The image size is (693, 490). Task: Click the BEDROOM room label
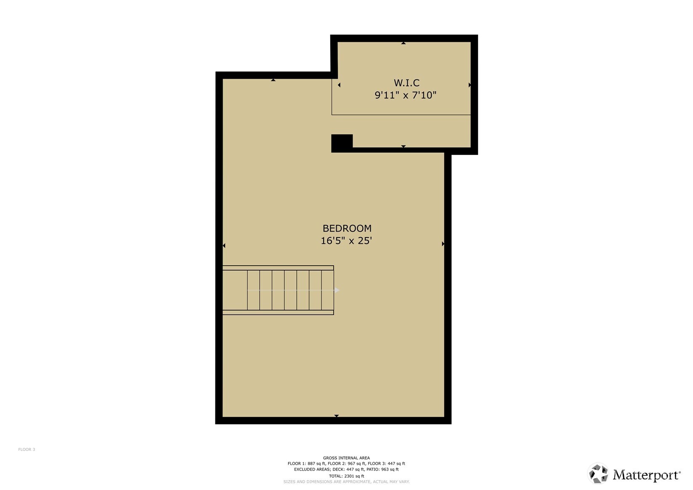347,229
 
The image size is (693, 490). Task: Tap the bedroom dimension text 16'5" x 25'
346,241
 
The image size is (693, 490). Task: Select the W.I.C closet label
406,83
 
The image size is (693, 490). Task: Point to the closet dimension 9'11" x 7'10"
405,95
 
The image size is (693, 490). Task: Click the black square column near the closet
342,143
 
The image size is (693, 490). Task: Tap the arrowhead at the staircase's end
337,290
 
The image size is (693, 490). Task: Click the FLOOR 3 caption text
27,450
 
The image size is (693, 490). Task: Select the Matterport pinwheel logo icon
598,474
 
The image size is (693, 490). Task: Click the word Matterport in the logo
646,475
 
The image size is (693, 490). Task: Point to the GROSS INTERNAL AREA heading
346,458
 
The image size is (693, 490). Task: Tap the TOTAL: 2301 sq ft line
346,476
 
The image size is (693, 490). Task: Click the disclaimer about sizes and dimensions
346,482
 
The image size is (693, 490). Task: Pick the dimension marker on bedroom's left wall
224,245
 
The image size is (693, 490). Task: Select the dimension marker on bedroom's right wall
443,244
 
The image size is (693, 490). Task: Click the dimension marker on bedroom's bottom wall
336,415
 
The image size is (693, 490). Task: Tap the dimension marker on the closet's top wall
403,43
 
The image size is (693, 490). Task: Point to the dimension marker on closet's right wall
469,85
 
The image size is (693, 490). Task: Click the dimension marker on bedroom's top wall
273,80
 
